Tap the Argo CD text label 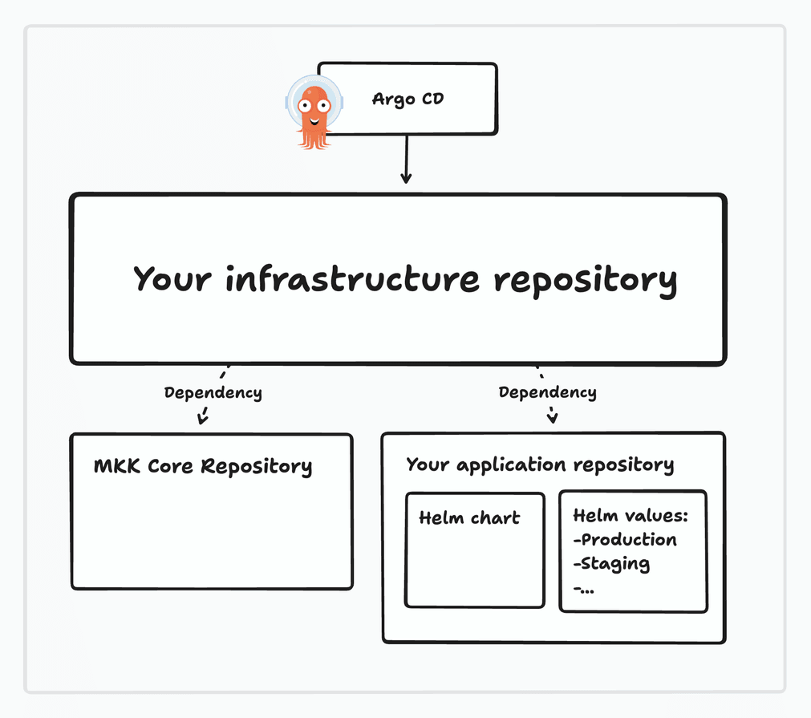coord(408,99)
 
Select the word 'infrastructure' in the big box coord(352,279)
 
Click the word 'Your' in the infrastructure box coord(172,279)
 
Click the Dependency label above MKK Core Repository coord(213,392)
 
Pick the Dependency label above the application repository coord(547,392)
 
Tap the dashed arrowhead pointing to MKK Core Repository coord(203,416)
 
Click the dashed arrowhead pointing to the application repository coord(552,417)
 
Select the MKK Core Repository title coord(203,466)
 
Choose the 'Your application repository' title coord(539,464)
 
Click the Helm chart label coord(469,518)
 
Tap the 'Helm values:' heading coord(631,516)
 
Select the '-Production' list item coord(625,540)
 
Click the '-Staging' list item coord(611,564)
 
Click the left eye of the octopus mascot coord(305,105)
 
